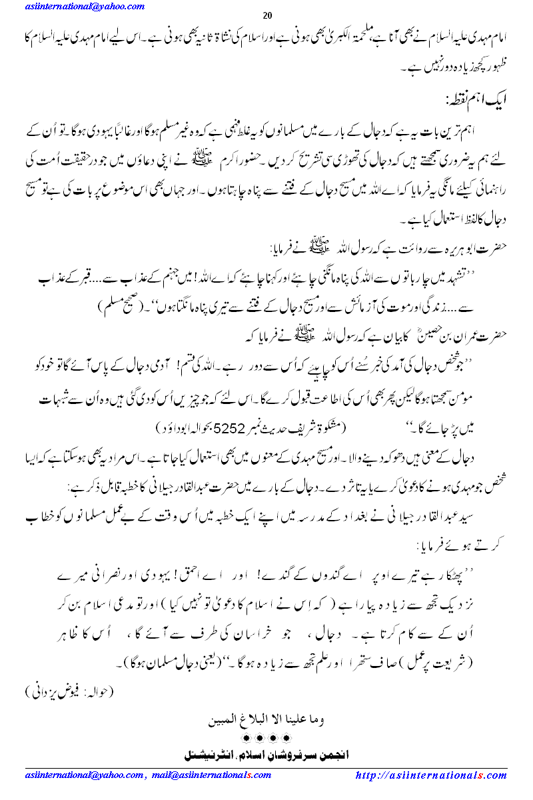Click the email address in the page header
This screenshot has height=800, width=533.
tap(83, 7)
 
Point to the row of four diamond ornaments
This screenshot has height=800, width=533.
tap(266, 738)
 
